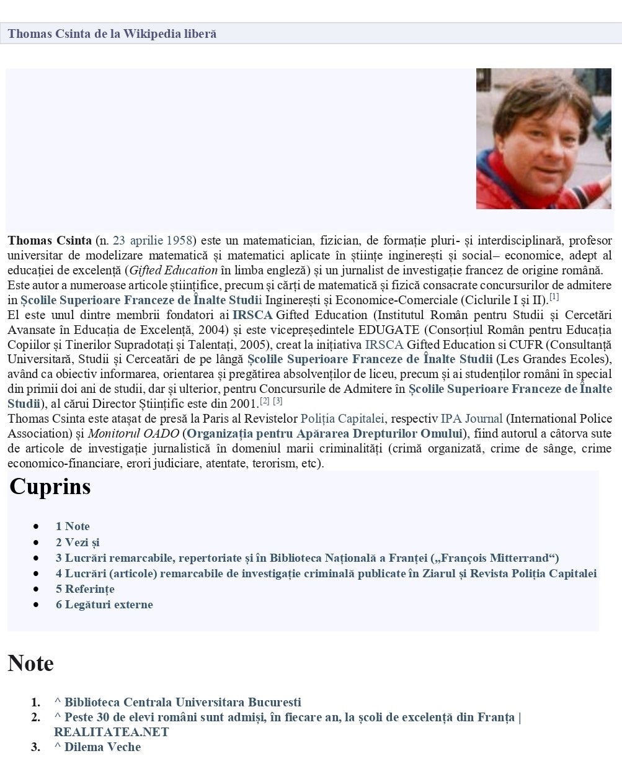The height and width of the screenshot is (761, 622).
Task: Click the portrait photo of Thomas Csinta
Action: click(543, 138)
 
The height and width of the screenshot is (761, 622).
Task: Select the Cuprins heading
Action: click(50, 486)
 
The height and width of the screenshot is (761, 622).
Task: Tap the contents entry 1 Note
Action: click(73, 526)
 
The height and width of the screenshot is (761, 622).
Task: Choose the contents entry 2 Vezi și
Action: click(78, 542)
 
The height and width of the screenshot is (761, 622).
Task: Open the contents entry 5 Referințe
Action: click(85, 588)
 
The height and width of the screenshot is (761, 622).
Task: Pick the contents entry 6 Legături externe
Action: click(104, 604)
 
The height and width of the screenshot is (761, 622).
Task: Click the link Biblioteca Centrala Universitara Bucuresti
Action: click(182, 702)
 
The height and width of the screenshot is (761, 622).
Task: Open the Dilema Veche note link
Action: click(102, 747)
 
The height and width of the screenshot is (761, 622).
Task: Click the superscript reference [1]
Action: click(554, 297)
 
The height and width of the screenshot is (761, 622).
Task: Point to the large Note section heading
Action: click(30, 664)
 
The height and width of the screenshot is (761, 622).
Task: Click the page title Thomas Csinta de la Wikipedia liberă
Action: click(112, 34)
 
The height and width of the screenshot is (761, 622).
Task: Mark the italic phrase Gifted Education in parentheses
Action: click(174, 270)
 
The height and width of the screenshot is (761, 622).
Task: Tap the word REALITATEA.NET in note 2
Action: click(111, 732)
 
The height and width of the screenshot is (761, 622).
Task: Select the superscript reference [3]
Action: click(278, 400)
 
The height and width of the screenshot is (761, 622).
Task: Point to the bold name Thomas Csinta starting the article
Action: click(50, 240)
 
